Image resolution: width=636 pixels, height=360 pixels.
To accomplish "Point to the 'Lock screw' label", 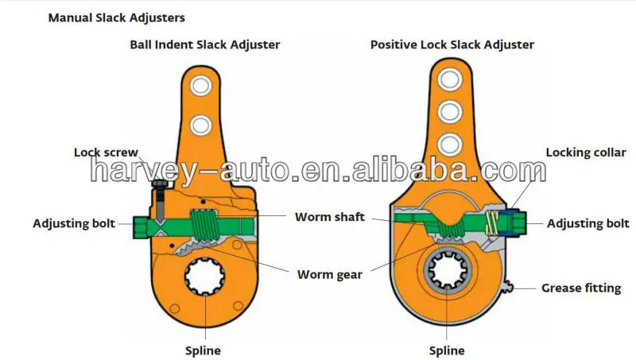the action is click(x=107, y=151).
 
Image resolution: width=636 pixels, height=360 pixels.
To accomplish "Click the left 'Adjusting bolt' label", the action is click(x=74, y=223).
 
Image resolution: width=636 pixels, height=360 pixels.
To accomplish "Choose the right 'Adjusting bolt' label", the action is click(x=588, y=223).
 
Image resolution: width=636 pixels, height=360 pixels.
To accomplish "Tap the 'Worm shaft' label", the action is click(x=330, y=216).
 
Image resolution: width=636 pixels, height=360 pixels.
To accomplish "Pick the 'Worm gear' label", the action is click(x=330, y=275).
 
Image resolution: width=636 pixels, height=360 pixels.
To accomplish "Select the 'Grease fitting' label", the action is click(x=581, y=288).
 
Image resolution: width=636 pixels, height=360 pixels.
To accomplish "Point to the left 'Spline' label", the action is click(x=204, y=350).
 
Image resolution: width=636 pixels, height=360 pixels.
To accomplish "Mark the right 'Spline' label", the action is click(x=447, y=350).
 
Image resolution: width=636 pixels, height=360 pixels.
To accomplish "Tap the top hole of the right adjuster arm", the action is click(x=450, y=79).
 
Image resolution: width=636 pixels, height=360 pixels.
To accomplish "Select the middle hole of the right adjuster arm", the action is click(x=450, y=110).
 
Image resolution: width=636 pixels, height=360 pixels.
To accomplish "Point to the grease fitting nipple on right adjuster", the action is click(x=514, y=287).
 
